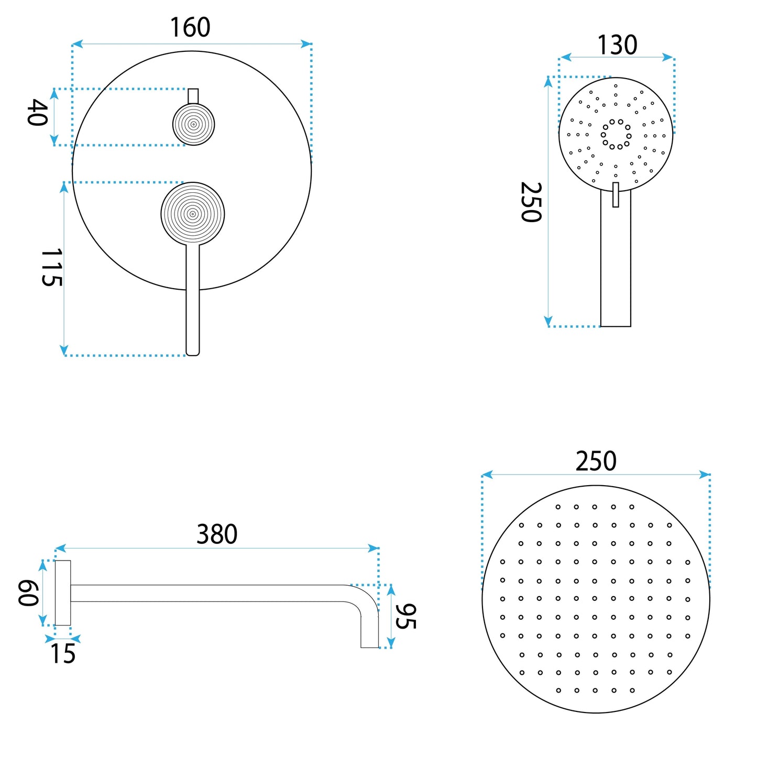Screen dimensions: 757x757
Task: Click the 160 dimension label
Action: [x=190, y=27]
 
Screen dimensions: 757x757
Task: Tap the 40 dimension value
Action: [x=38, y=113]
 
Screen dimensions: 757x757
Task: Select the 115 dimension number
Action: [x=51, y=267]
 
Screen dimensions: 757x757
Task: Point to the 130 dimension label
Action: [x=617, y=45]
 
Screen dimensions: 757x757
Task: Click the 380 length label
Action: [x=217, y=534]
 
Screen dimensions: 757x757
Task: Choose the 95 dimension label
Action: [x=405, y=616]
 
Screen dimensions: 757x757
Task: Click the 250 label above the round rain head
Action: [x=596, y=461]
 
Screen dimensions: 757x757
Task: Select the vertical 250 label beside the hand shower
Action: [x=531, y=202]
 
